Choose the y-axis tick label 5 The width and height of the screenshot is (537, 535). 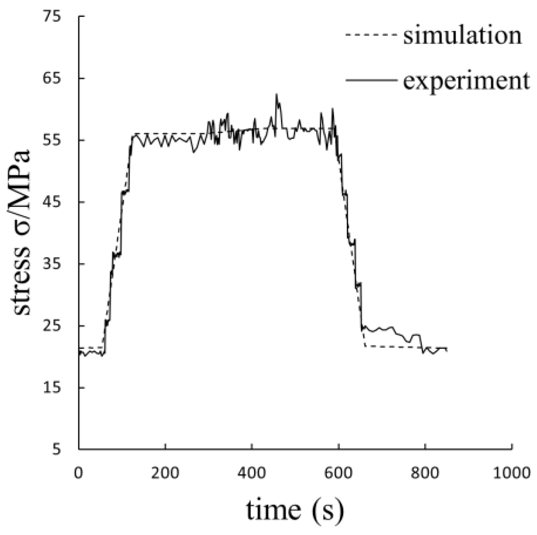tap(57, 450)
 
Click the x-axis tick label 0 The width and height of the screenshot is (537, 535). tap(79, 473)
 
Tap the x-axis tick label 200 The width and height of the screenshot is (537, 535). tap(166, 473)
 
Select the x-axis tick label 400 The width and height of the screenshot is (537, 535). tap(252, 473)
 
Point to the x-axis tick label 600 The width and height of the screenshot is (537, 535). tap(339, 473)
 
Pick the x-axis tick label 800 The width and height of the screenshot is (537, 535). tap(425, 473)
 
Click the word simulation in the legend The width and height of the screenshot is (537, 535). tap(462, 36)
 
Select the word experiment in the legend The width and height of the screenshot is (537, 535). tap(466, 81)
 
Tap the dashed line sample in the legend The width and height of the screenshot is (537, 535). tap(371, 34)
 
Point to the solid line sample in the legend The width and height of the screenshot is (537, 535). tap(371, 80)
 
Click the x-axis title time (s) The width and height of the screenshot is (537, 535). tap(295, 510)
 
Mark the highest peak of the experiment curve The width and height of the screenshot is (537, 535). tap(277, 94)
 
